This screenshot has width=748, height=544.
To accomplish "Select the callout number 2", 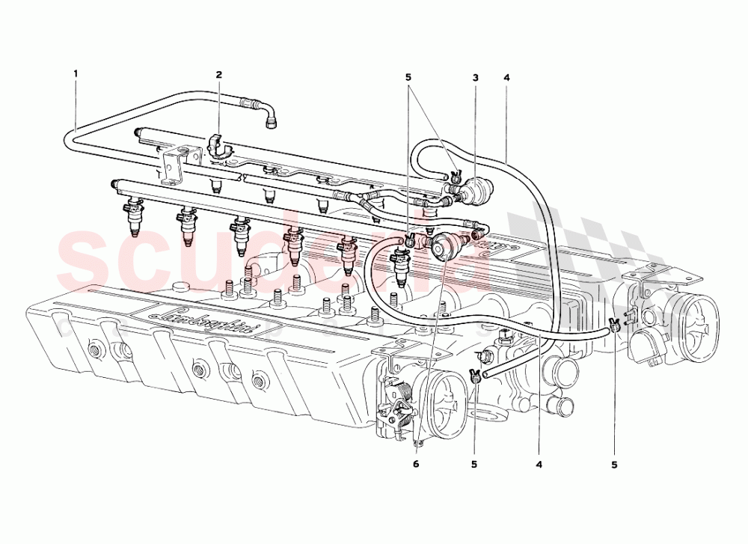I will coord(219,75).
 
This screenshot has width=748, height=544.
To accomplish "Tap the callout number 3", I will coord(475,77).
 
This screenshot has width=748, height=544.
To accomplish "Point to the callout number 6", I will coord(416,464).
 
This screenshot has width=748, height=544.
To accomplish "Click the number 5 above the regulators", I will coord(408,77).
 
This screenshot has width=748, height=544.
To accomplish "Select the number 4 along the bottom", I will coord(539,464).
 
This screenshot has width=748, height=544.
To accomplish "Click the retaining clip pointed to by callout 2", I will coord(218,146).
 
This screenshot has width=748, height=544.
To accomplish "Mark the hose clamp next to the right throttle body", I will coord(615,324).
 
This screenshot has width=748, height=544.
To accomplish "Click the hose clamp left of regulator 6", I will coord(410,241).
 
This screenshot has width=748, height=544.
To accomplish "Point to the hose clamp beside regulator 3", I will coord(454,177).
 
